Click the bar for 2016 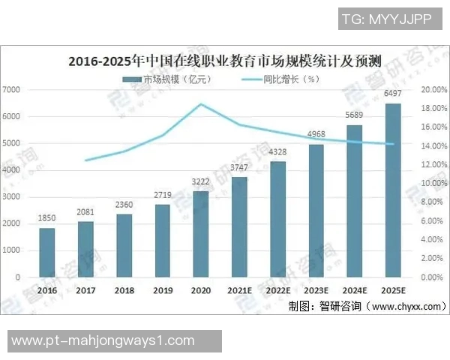tap(47, 252)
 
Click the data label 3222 tap(201, 182)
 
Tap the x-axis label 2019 tap(163, 290)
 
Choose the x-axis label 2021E tap(239, 290)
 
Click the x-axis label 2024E tap(355, 290)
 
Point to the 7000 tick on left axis tap(13, 90)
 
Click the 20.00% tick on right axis tap(433, 90)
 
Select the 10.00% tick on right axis tap(433, 184)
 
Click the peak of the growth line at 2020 tap(201, 104)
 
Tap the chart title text tap(225, 60)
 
